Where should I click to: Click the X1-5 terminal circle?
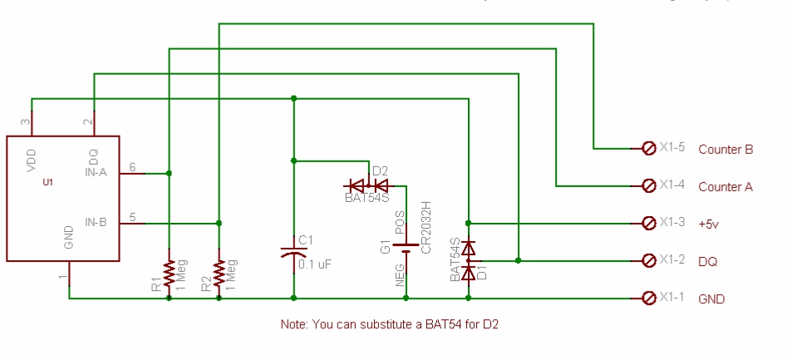click(x=649, y=149)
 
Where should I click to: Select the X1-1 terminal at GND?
click(x=649, y=298)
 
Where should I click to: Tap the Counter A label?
click(x=725, y=187)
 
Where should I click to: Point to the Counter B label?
click(x=726, y=150)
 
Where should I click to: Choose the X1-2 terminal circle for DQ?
click(x=649, y=260)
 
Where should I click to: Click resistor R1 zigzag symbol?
click(x=169, y=273)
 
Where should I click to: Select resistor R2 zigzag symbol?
click(x=219, y=273)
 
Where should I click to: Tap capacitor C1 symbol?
click(x=293, y=250)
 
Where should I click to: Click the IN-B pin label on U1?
click(x=96, y=221)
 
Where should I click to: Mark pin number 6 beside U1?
click(x=131, y=166)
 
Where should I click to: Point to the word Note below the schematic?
click(x=295, y=324)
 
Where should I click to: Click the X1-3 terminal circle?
click(x=649, y=223)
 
